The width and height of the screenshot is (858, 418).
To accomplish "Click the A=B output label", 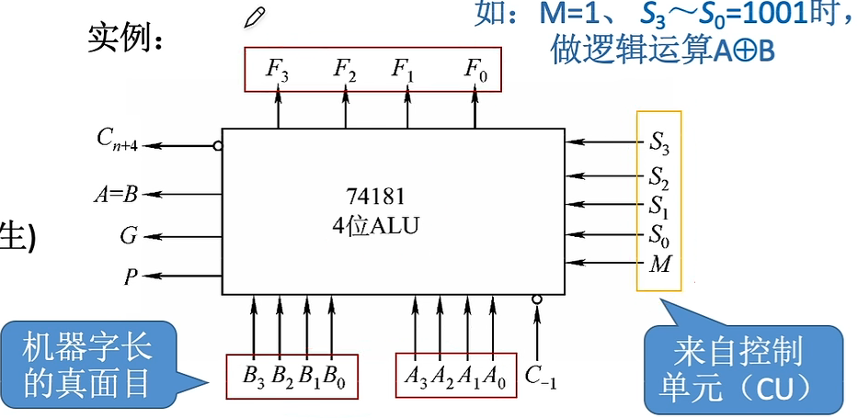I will [x=117, y=194].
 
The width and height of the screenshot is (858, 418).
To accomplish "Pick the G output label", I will [x=128, y=236].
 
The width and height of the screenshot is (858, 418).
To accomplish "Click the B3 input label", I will [x=254, y=376].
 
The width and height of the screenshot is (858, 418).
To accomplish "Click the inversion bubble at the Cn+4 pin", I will [x=217, y=145].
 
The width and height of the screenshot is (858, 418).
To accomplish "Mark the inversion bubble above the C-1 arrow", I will [x=537, y=299].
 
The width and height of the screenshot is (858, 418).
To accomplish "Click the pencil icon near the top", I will [x=254, y=17].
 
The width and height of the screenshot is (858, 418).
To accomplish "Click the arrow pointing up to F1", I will [x=406, y=108].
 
